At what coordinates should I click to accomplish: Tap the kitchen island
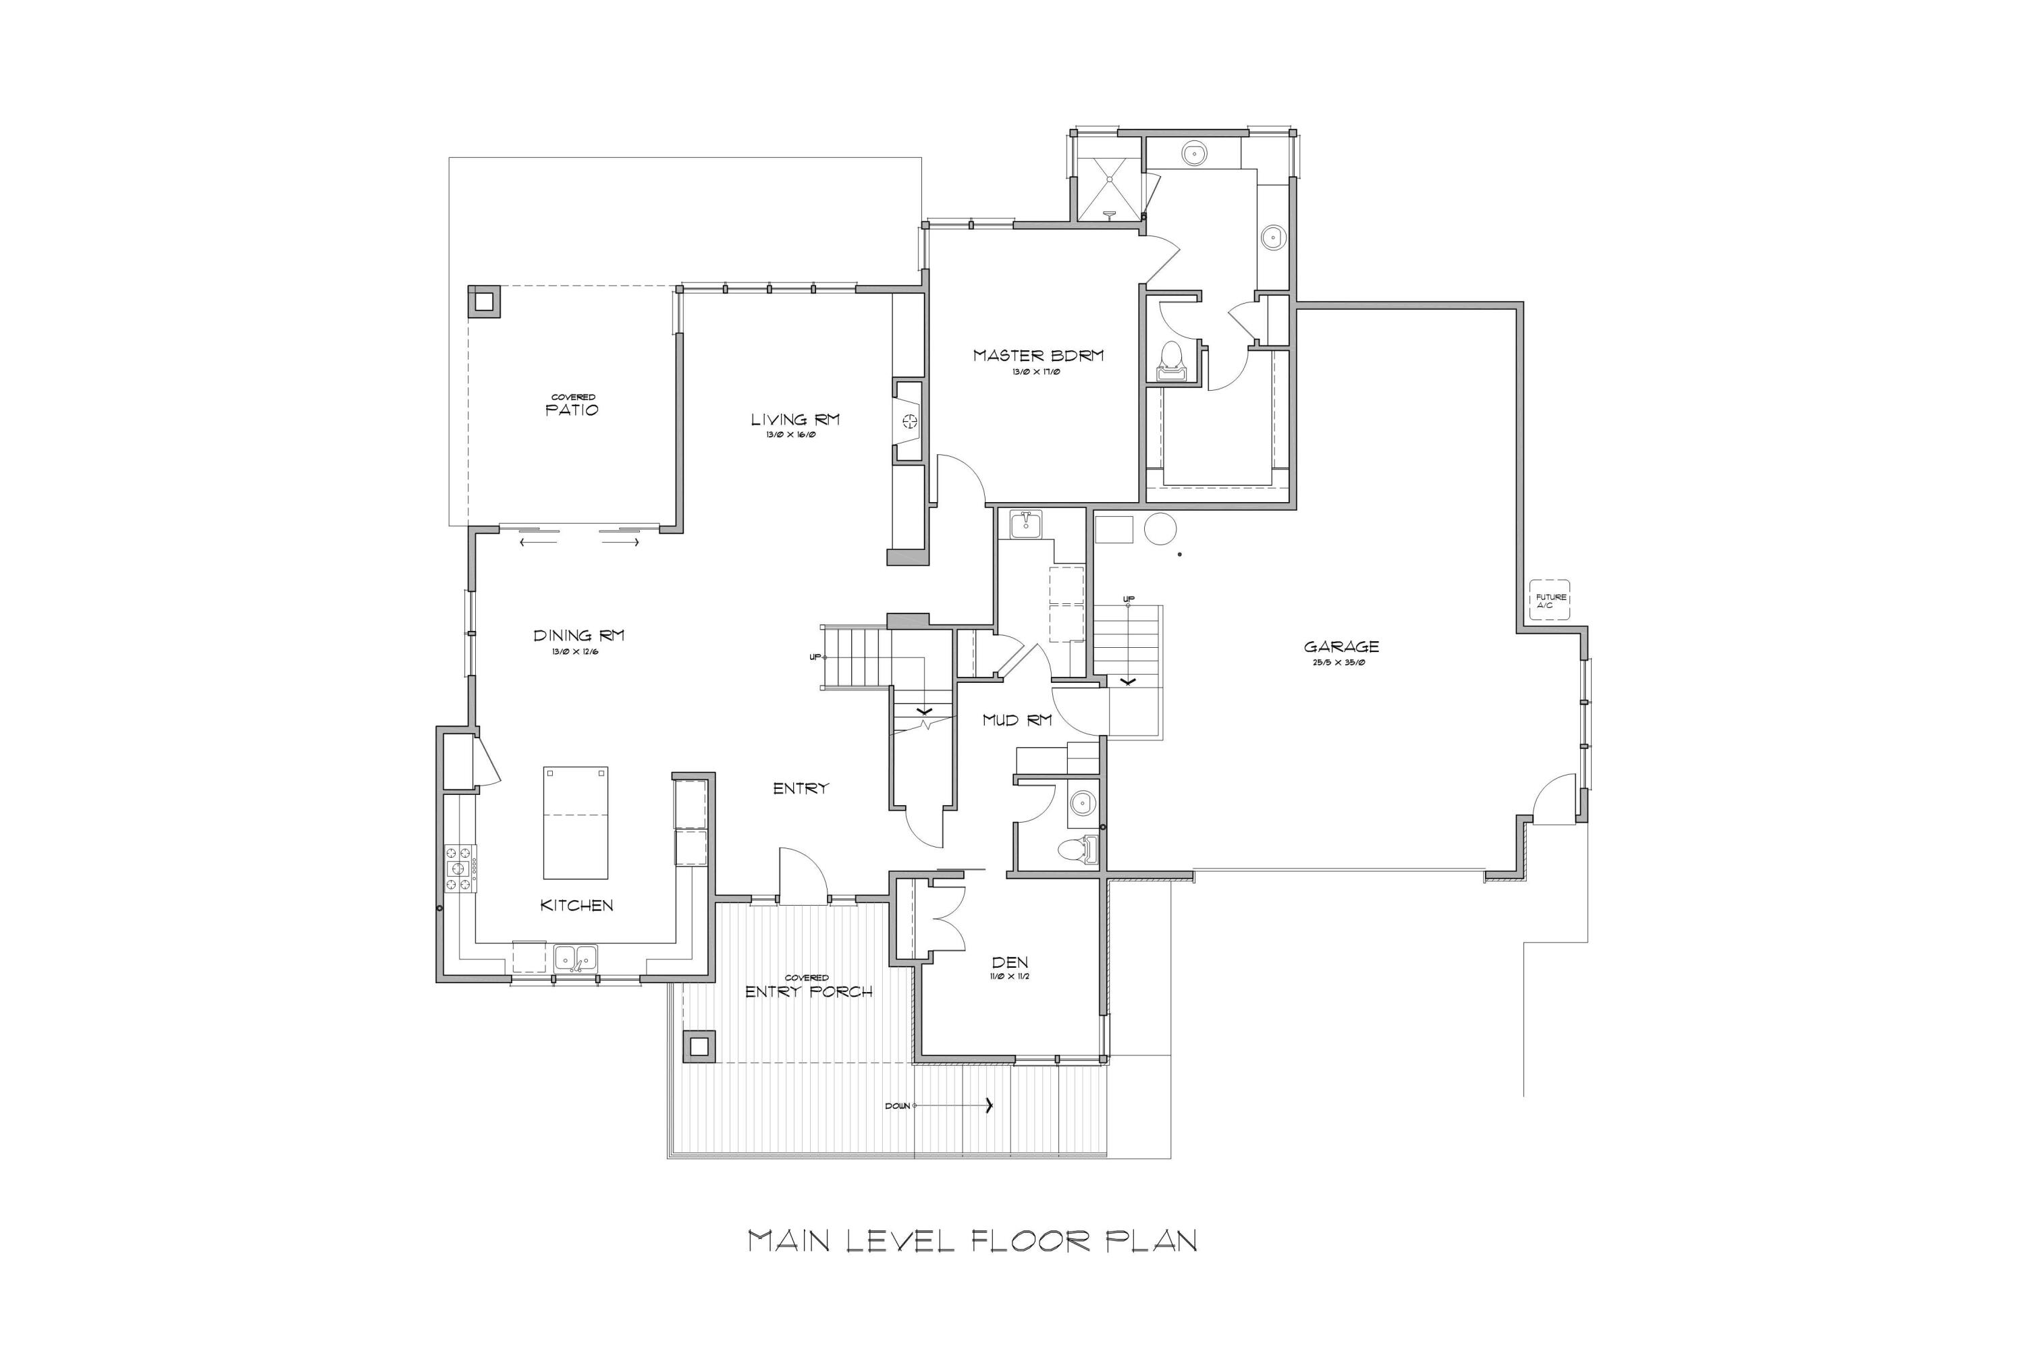[x=575, y=823]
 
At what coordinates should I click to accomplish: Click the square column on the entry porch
[x=699, y=1046]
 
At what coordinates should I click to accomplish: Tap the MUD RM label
[x=1017, y=720]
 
